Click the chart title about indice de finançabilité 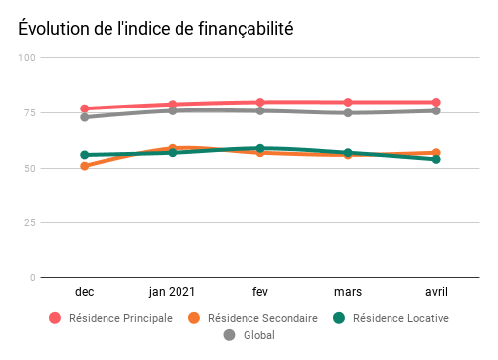(x=155, y=29)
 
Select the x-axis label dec (x=85, y=293)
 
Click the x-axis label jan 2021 (x=173, y=293)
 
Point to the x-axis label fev (x=260, y=293)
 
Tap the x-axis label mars (x=347, y=293)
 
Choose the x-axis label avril (x=435, y=293)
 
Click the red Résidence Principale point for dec (x=85, y=108)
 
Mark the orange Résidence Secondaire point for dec (x=85, y=166)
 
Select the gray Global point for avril (x=435, y=110)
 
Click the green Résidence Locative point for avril (x=435, y=159)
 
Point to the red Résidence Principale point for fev (x=260, y=102)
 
